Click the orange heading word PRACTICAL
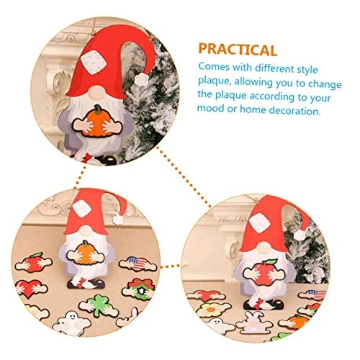[x=238, y=50]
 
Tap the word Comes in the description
[x=214, y=66]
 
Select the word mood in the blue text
[x=210, y=108]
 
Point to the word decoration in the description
[x=294, y=110]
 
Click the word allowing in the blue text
[x=253, y=81]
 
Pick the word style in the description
[x=307, y=70]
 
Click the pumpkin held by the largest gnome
[x=96, y=121]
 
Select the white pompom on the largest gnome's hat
[x=141, y=79]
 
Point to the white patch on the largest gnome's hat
[x=94, y=63]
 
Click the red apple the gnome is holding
[x=264, y=273]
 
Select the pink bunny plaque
[x=254, y=320]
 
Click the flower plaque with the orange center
[x=212, y=310]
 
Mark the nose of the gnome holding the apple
[x=264, y=247]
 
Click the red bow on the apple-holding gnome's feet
[x=258, y=303]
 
